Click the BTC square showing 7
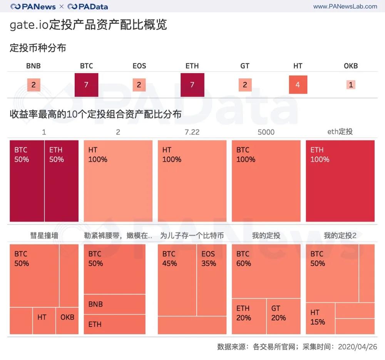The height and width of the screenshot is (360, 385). (86, 85)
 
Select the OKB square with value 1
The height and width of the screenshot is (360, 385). (350, 85)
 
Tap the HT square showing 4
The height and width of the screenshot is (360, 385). (298, 85)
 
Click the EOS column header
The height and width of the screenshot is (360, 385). (139, 66)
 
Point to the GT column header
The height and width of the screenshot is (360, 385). (245, 66)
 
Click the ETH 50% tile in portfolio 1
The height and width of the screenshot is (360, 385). (62, 181)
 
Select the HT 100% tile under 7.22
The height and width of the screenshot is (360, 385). (192, 181)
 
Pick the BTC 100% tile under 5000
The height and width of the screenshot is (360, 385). (266, 181)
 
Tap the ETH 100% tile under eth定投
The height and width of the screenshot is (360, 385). (340, 181)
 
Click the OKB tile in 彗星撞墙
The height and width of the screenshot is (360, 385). (67, 320)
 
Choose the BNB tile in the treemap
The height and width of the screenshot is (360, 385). (114, 304)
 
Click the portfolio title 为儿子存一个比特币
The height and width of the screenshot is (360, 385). (192, 235)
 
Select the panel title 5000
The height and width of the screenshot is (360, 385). (266, 132)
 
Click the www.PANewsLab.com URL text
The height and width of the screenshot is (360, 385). (345, 7)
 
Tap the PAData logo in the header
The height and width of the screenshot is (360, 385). (88, 7)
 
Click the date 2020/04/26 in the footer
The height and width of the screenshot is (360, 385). (357, 347)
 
